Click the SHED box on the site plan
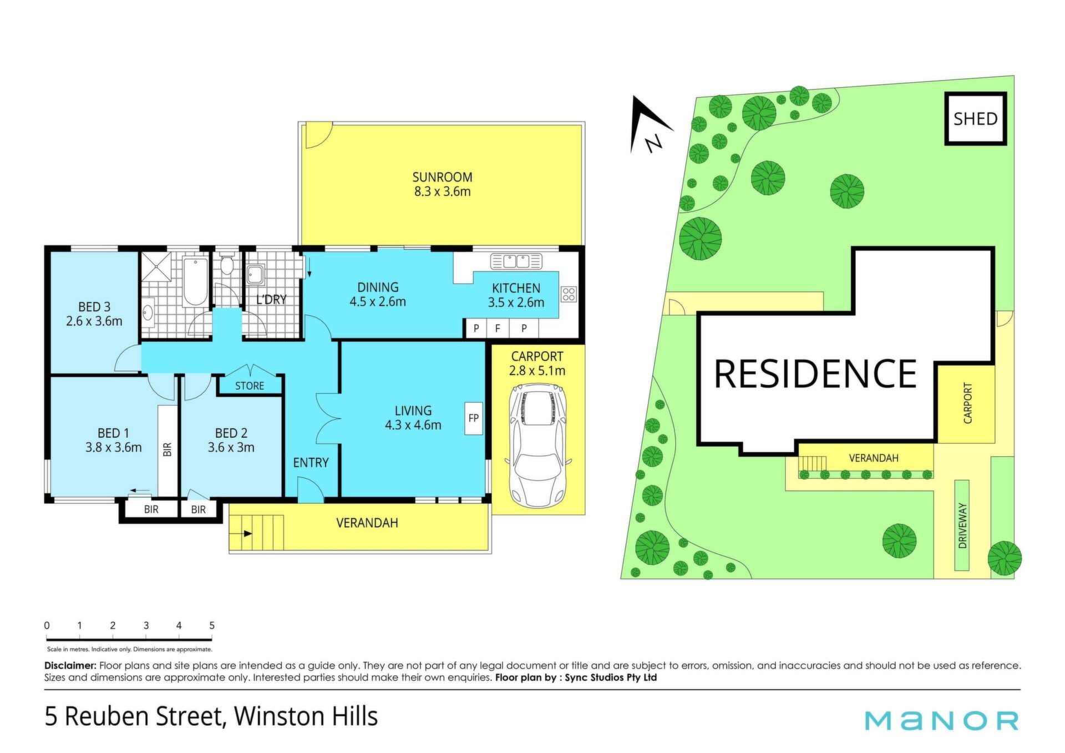click(x=975, y=119)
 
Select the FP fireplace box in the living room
click(x=474, y=418)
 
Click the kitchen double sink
click(x=516, y=261)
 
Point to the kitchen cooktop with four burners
click(x=569, y=294)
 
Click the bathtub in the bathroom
click(x=195, y=281)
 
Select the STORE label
click(x=250, y=386)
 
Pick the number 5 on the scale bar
click(x=212, y=625)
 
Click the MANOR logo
click(x=942, y=720)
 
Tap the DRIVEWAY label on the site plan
click(x=962, y=525)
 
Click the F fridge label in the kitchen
click(x=498, y=329)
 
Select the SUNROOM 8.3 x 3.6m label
click(x=442, y=184)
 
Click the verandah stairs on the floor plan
click(x=257, y=533)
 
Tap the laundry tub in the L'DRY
click(x=256, y=275)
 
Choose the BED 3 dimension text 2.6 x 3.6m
click(x=94, y=321)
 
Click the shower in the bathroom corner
click(x=157, y=268)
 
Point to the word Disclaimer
click(x=70, y=665)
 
